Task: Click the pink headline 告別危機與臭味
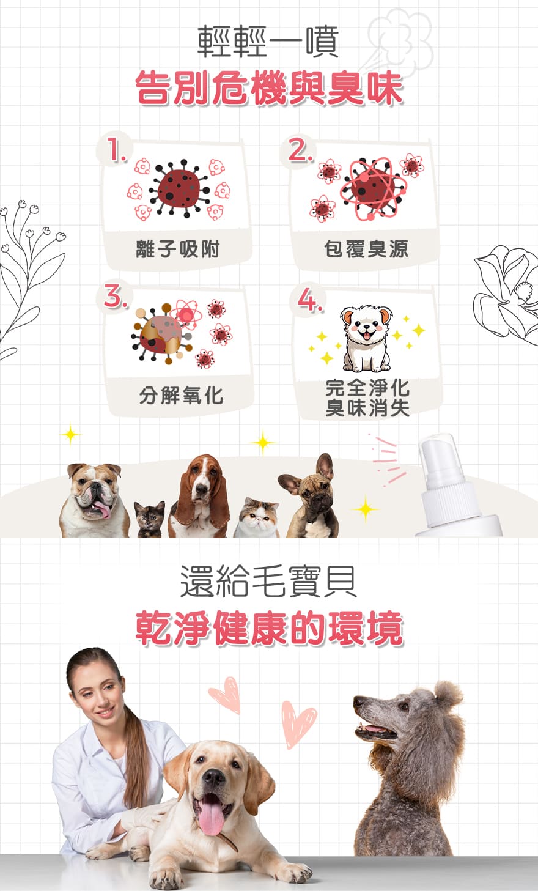click(269, 88)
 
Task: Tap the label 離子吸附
click(177, 250)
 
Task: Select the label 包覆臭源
click(366, 249)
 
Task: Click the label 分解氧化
click(181, 396)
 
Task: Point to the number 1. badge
click(116, 150)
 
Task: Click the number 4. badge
click(309, 298)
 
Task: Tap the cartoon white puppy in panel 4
click(366, 338)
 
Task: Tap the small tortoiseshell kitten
click(150, 519)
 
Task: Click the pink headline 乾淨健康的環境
click(269, 629)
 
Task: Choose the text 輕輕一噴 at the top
click(268, 41)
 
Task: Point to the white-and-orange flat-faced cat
click(257, 518)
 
